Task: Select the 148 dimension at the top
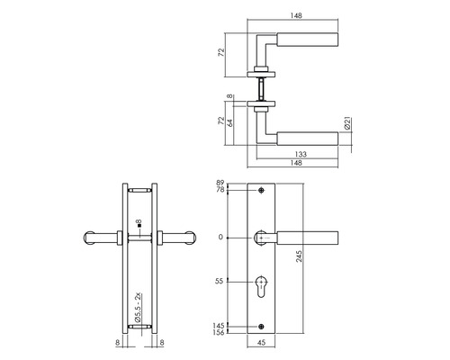pos(296,13)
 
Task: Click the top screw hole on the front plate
pos(261,191)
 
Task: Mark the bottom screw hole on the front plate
pos(261,326)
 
